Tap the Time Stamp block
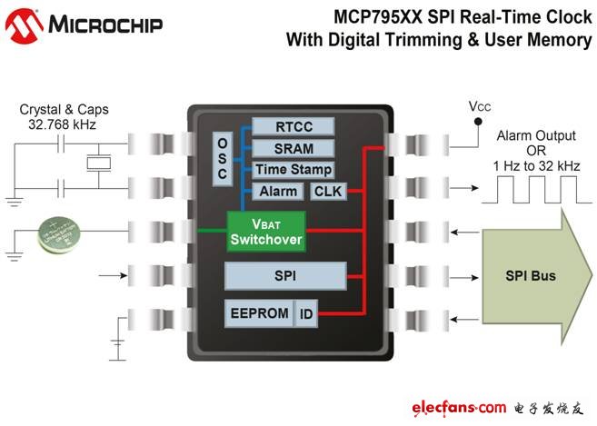[292, 170]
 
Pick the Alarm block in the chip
[278, 192]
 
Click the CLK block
[325, 192]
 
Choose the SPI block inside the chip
[285, 274]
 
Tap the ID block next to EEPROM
[306, 314]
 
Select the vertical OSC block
[223, 156]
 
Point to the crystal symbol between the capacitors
[96, 164]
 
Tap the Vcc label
[479, 106]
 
